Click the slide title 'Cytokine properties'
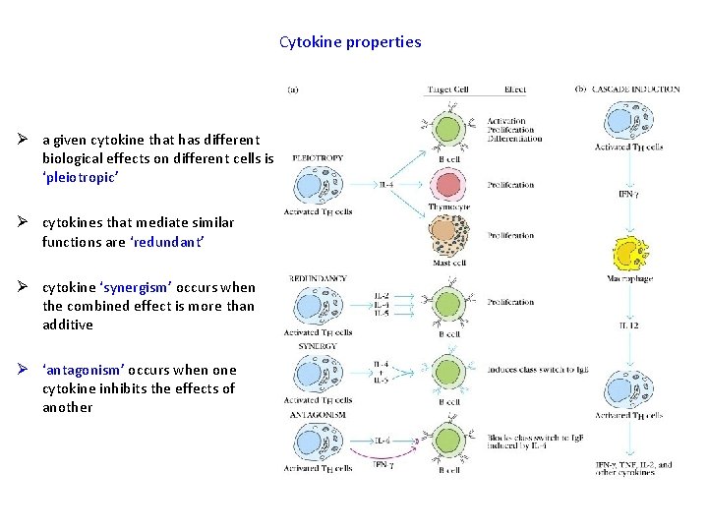(350, 42)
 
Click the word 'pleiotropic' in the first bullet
(83, 177)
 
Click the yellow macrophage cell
(631, 254)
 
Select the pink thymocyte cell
(447, 184)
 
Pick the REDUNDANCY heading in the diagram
(318, 279)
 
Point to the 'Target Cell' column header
(447, 89)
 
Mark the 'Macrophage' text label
(629, 279)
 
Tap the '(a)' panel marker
(293, 89)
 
